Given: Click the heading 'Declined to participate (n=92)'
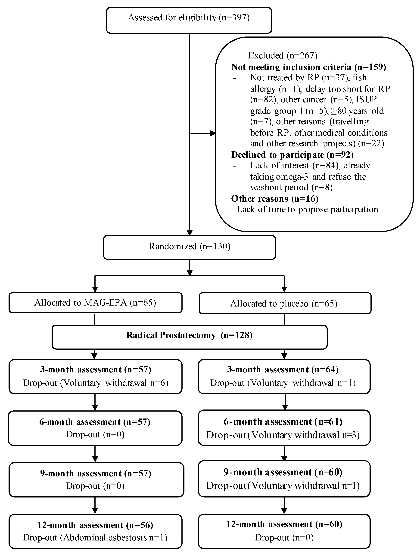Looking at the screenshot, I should [292, 155].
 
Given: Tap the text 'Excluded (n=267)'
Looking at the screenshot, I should [283, 55].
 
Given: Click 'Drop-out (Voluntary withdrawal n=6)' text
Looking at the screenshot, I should [95, 383].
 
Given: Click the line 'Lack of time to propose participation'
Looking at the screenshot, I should [305, 209].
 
